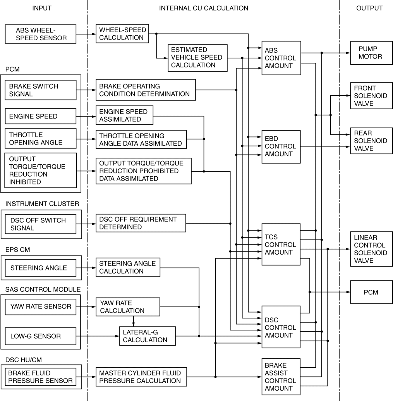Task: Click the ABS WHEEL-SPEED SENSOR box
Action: (41, 34)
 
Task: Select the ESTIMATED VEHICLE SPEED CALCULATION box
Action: (197, 58)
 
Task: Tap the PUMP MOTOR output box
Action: (371, 53)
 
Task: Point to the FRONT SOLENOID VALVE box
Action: (371, 96)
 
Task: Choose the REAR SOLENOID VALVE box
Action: (371, 141)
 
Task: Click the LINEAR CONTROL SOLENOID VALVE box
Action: (371, 249)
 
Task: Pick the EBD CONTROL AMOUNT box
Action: (281, 146)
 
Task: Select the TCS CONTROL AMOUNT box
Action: (281, 244)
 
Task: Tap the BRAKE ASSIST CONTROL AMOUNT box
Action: (281, 377)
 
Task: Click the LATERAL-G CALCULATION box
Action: (147, 336)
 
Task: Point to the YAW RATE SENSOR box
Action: (41, 306)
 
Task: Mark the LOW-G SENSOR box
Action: (41, 336)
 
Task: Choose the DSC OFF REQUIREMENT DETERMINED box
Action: (141, 223)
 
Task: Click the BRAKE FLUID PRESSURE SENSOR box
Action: (41, 377)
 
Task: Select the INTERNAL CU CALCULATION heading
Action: (204, 8)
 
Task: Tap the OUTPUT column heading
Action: (369, 8)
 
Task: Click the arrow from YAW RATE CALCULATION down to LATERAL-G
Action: (134, 321)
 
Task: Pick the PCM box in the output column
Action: (371, 292)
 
